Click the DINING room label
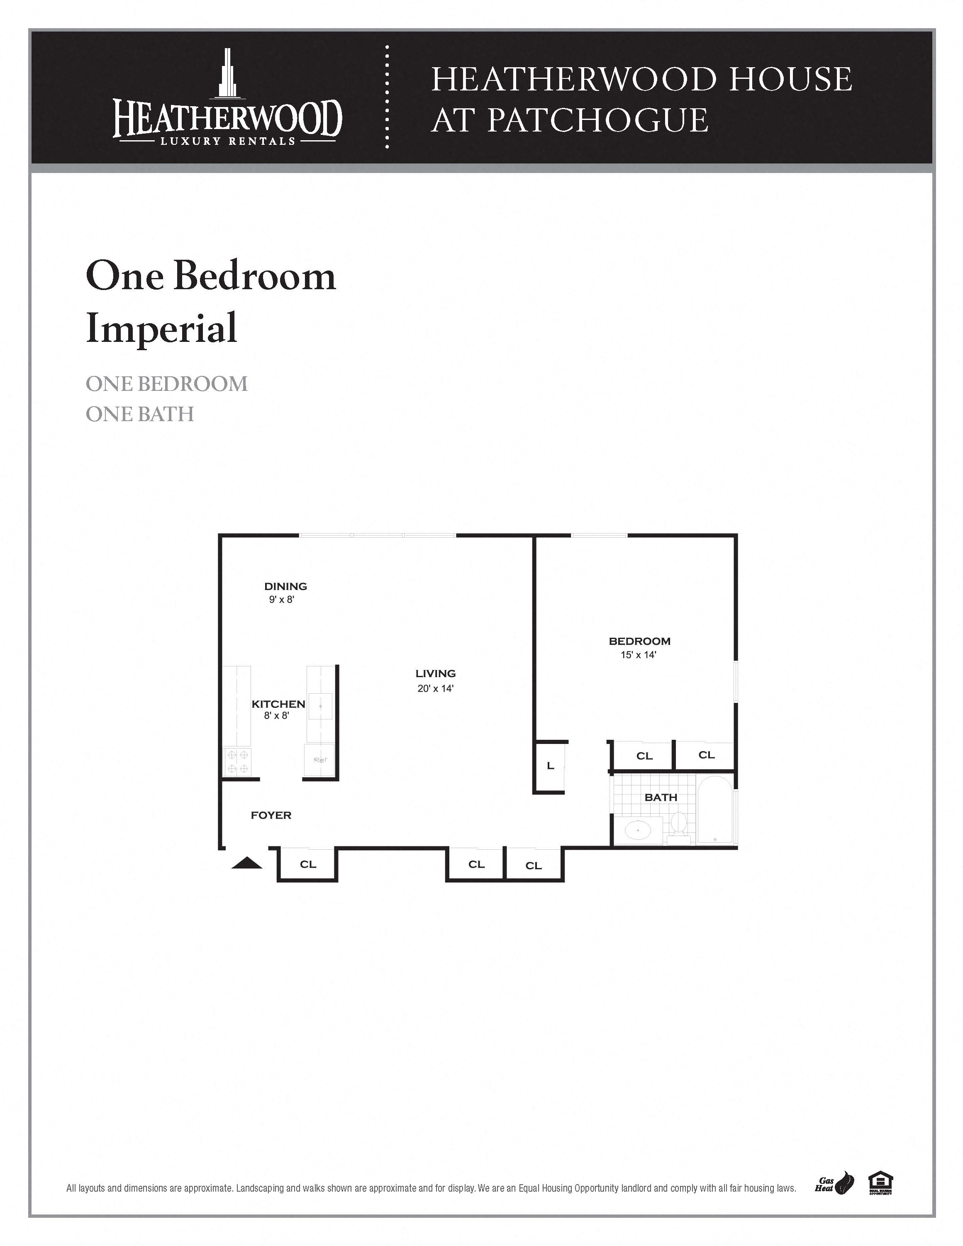pyautogui.click(x=285, y=586)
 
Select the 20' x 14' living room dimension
pyautogui.click(x=435, y=689)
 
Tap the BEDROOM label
pyautogui.click(x=639, y=641)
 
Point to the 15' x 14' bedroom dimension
pyautogui.click(x=639, y=655)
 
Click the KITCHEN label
pyautogui.click(x=278, y=704)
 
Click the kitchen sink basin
pyautogui.click(x=321, y=706)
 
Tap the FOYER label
pyautogui.click(x=271, y=815)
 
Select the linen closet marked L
pyautogui.click(x=550, y=766)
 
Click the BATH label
pyautogui.click(x=661, y=797)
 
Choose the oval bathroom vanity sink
pyautogui.click(x=638, y=830)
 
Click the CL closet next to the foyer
pyautogui.click(x=308, y=864)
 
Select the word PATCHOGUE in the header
pyautogui.click(x=597, y=120)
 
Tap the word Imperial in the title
pyautogui.click(x=161, y=328)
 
